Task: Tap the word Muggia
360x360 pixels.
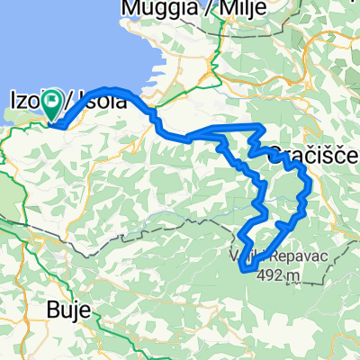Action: point(149,10)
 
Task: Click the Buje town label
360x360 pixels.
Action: point(68,311)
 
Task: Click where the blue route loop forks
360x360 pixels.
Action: point(191,138)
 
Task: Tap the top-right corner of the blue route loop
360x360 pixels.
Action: point(261,126)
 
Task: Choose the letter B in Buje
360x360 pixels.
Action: point(52,311)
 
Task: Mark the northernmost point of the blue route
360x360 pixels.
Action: point(99,89)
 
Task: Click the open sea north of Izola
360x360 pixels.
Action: point(54,45)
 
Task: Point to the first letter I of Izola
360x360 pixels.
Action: point(13,101)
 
